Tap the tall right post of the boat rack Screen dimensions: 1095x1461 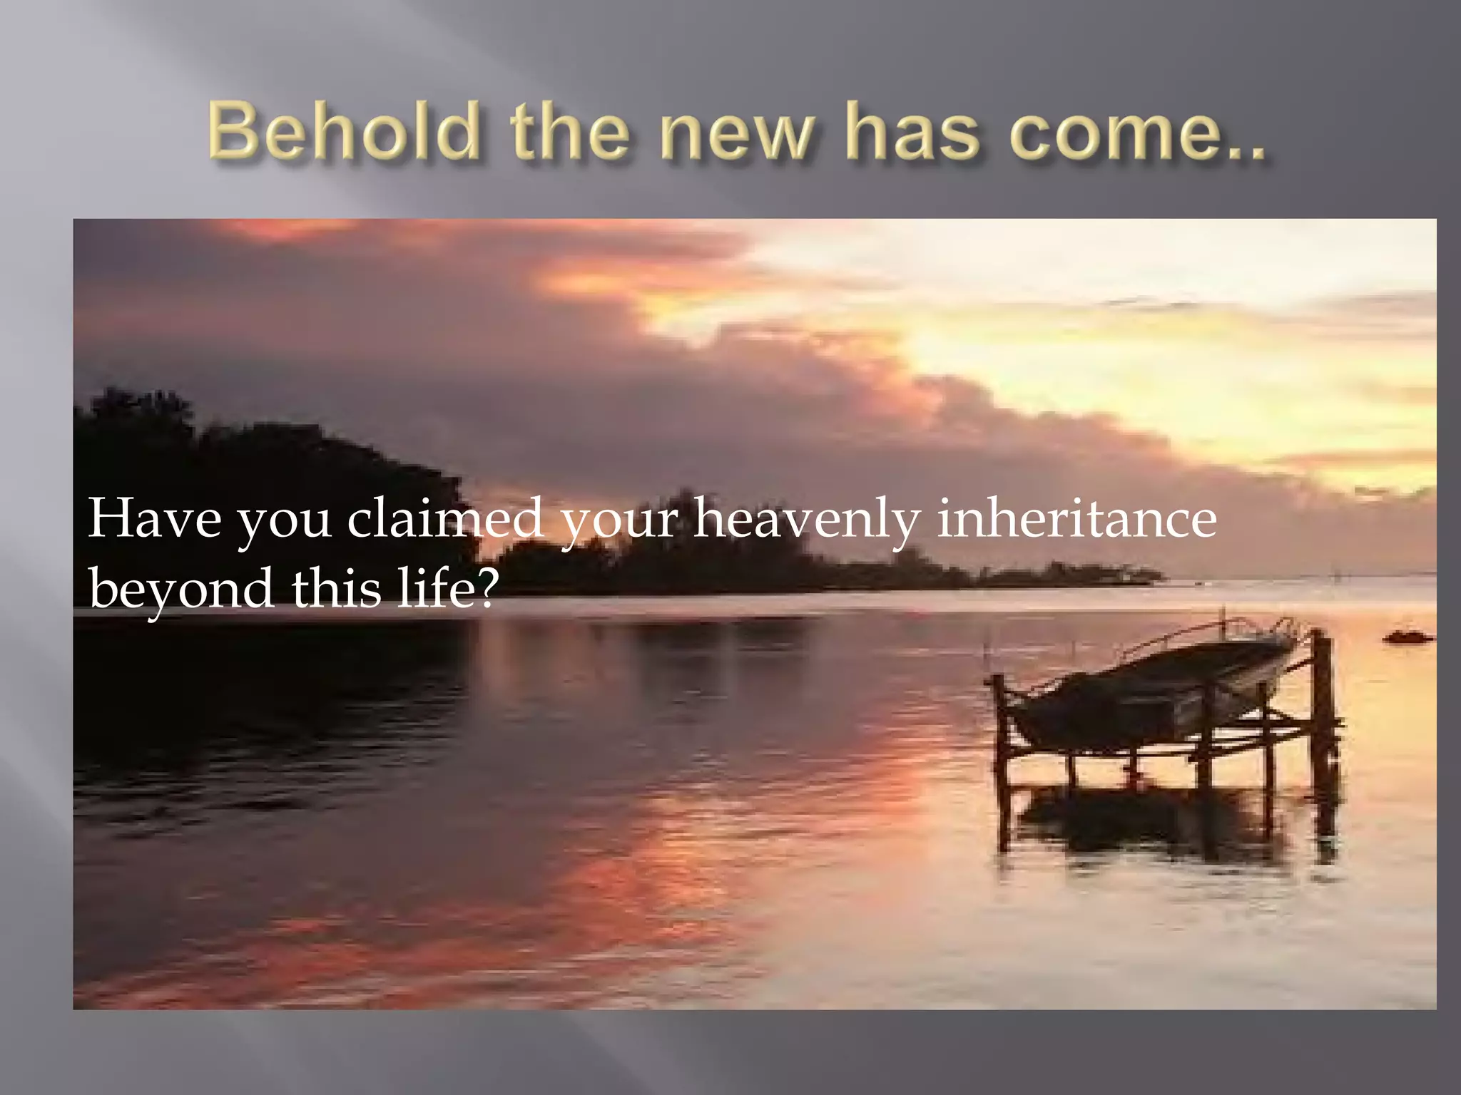pos(1321,706)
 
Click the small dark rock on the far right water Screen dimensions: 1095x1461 pos(1407,637)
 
